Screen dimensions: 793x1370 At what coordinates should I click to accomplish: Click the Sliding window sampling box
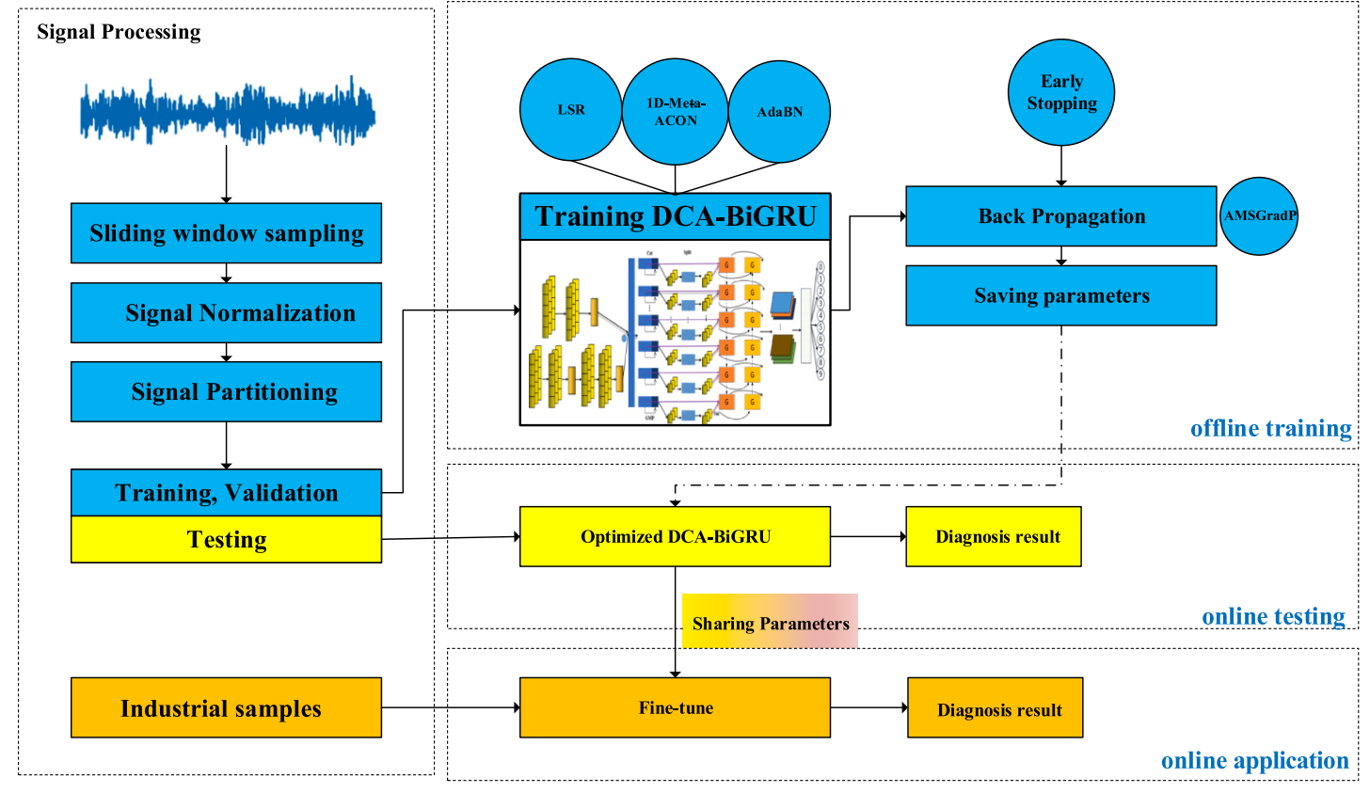[x=226, y=233]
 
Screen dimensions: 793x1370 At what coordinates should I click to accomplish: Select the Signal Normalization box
[x=226, y=313]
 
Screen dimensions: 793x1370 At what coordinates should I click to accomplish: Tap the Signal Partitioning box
[x=226, y=391]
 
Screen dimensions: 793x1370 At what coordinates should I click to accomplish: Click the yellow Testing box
[x=226, y=540]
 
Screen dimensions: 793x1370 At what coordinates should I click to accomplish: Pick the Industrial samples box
[x=226, y=707]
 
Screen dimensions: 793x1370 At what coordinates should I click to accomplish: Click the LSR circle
[x=571, y=110]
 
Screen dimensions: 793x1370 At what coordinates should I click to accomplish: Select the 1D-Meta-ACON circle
[x=676, y=112]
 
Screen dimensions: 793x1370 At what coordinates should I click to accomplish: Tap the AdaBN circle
[x=780, y=112]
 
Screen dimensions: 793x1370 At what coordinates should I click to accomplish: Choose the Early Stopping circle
[x=1061, y=92]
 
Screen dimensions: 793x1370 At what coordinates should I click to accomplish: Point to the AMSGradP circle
[x=1259, y=215]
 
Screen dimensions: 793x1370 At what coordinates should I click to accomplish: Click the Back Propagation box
[x=1060, y=216]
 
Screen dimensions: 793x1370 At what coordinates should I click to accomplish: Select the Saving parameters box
[x=1060, y=295]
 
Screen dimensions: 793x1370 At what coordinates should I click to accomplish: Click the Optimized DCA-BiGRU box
[x=675, y=536]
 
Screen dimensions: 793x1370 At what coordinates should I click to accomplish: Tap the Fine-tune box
[x=675, y=707]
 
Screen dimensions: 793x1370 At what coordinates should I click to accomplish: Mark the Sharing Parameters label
[x=770, y=622]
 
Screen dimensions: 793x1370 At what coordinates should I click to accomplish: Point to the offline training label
[x=1270, y=429]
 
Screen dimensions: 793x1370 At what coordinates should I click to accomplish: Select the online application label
[x=1254, y=761]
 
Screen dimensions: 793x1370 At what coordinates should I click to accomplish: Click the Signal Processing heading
[x=119, y=32]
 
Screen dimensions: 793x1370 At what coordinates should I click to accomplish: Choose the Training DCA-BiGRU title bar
[x=675, y=216]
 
